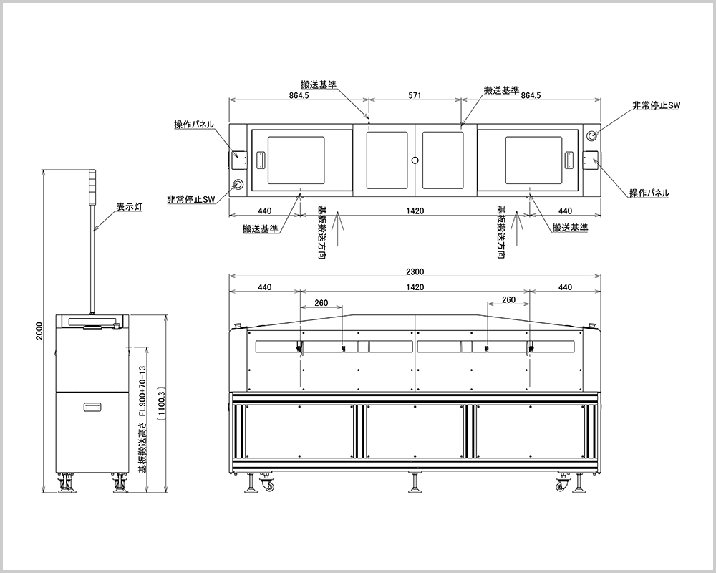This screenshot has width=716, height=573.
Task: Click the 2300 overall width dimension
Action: click(x=415, y=271)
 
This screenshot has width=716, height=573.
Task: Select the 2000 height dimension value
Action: click(x=41, y=331)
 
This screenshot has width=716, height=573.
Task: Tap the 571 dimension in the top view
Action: click(x=415, y=95)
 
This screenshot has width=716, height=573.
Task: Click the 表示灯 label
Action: click(x=130, y=207)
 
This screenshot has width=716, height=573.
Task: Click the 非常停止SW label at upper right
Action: click(x=655, y=105)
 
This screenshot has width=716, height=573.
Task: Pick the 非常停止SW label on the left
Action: click(x=191, y=200)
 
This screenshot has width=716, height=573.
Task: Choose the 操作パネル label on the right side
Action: click(x=649, y=193)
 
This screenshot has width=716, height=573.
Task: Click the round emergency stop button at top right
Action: click(x=592, y=135)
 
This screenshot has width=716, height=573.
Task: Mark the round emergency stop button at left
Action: click(x=237, y=184)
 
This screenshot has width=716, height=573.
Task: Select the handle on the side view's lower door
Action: click(x=92, y=407)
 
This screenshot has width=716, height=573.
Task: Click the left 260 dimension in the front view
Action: click(x=321, y=302)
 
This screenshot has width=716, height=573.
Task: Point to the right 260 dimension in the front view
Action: click(x=508, y=299)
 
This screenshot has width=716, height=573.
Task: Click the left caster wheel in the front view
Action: click(x=269, y=488)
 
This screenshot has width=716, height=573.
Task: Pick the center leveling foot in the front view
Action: click(x=415, y=486)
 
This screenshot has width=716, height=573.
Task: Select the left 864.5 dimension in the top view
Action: click(x=299, y=95)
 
